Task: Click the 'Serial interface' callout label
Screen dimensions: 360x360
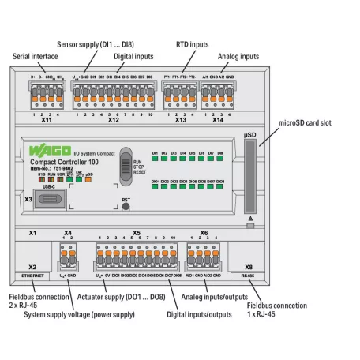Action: point(36,56)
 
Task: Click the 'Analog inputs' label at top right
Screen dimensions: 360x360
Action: point(238,56)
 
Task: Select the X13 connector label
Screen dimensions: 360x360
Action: point(180,122)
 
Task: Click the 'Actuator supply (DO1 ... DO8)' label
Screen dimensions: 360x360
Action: point(121,299)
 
